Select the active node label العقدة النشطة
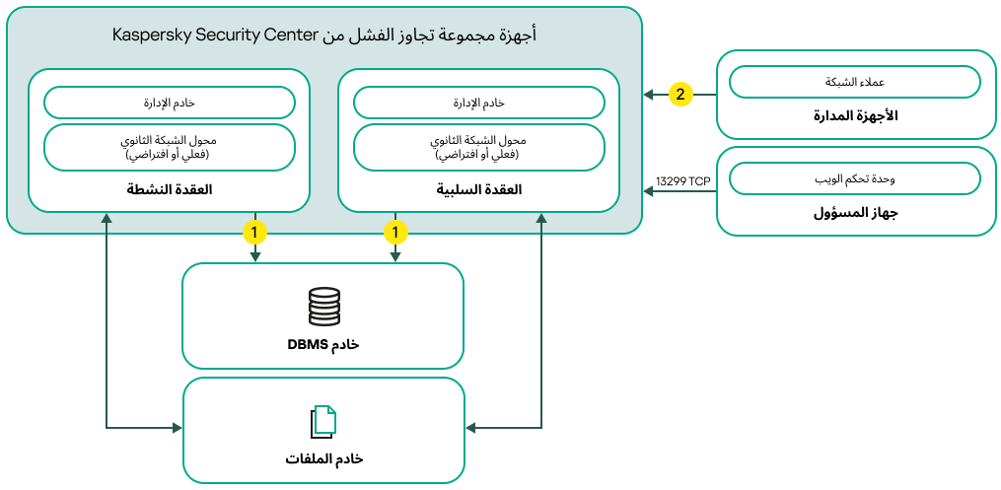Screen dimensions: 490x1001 (170, 189)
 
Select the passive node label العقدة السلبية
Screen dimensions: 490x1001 (479, 189)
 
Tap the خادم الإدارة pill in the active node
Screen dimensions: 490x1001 (170, 103)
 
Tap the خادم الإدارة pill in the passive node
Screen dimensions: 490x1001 (479, 103)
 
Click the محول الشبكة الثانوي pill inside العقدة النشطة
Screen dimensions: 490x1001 (170, 147)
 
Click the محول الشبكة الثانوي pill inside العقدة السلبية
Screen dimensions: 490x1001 (479, 147)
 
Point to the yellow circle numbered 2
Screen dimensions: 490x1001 (679, 95)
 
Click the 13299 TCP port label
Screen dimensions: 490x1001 (682, 180)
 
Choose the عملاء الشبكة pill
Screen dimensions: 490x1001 (854, 82)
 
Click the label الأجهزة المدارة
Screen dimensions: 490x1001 (854, 116)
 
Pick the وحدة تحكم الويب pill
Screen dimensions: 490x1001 (854, 178)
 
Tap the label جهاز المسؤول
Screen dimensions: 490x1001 (854, 213)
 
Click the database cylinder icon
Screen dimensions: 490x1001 (323, 307)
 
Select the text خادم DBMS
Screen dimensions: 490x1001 (322, 344)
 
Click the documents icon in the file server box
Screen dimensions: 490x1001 (323, 422)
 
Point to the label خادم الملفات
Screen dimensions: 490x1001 (323, 459)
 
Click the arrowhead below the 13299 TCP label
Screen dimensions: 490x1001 (649, 192)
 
